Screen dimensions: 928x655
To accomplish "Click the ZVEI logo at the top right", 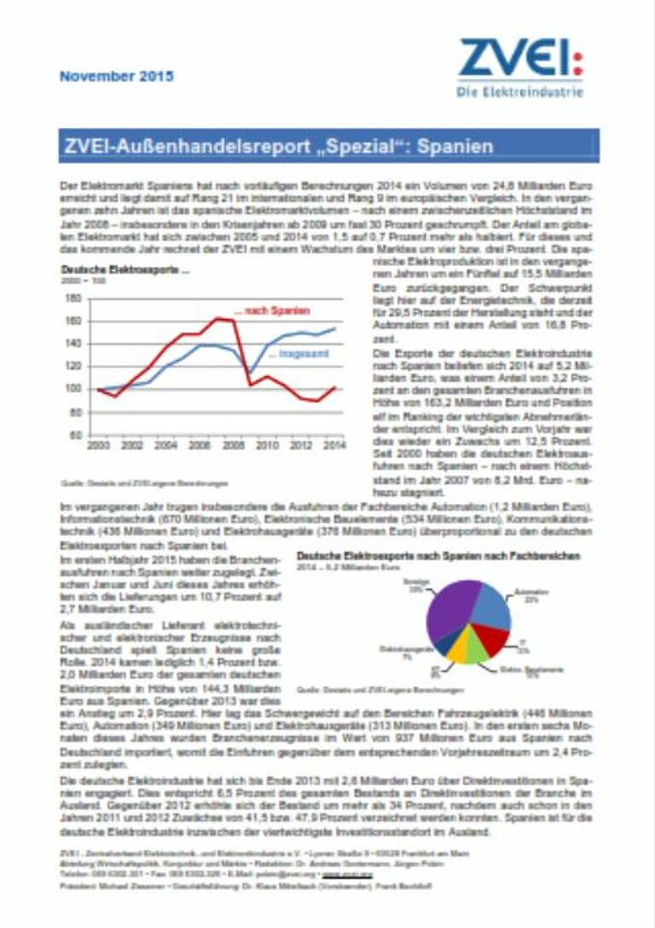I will [519, 67].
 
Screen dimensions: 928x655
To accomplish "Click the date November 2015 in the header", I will [116, 76].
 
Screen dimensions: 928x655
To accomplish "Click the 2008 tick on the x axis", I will [232, 445].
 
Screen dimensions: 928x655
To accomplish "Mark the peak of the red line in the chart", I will [218, 318].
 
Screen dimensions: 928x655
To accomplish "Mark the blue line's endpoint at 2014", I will [333, 328].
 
